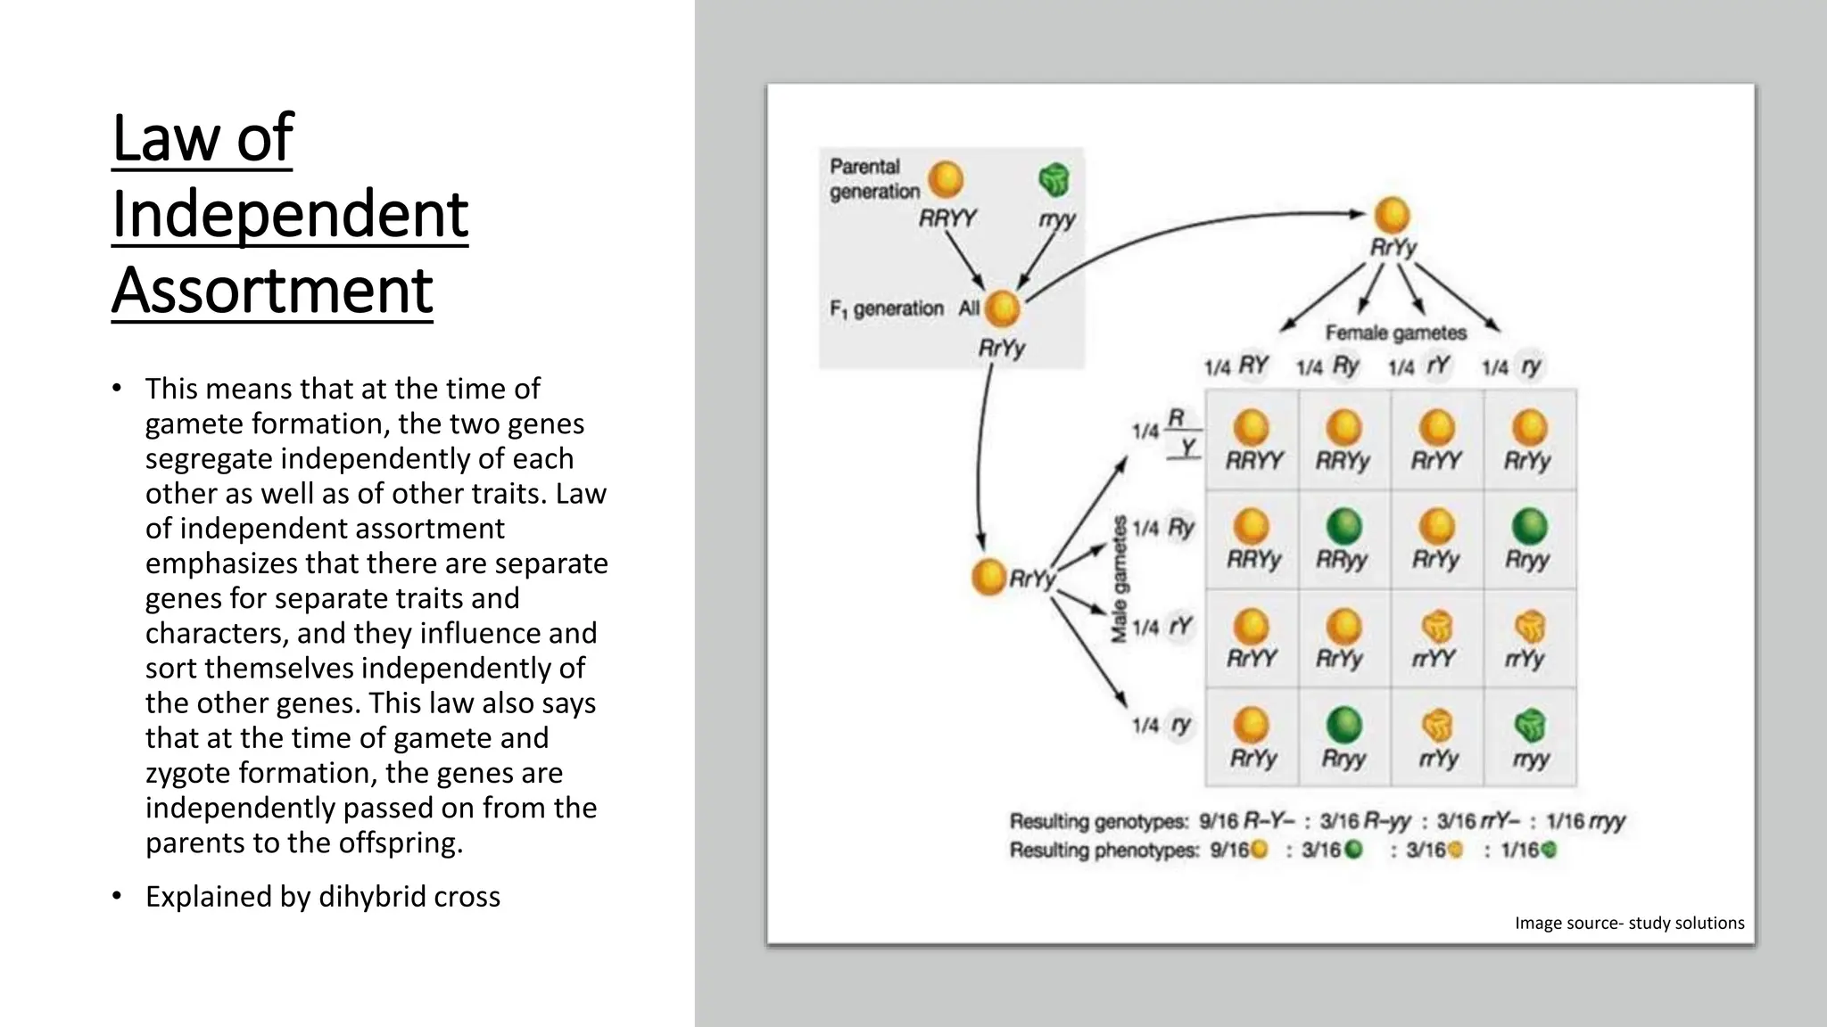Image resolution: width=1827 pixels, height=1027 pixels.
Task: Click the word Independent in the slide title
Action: click(x=290, y=215)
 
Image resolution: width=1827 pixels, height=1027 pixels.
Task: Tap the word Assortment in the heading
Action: click(x=272, y=291)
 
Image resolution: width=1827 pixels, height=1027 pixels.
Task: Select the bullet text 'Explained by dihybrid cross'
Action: click(x=322, y=896)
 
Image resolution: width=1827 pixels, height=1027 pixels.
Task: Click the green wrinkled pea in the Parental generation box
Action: click(x=1054, y=180)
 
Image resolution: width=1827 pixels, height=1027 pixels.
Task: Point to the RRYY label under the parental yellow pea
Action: click(x=947, y=218)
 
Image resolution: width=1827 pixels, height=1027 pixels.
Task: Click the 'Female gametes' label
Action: click(x=1395, y=333)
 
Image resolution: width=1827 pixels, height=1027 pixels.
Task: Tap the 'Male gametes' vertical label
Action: click(x=1119, y=579)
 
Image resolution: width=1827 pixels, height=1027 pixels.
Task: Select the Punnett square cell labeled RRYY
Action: click(x=1252, y=440)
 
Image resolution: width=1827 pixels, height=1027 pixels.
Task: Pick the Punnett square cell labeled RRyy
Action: click(x=1343, y=539)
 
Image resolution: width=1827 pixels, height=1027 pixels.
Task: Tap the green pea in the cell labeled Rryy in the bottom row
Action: click(x=1343, y=724)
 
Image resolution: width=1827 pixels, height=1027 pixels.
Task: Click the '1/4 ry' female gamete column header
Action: click(x=1513, y=366)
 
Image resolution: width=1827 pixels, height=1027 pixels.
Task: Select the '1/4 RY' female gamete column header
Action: click(x=1236, y=366)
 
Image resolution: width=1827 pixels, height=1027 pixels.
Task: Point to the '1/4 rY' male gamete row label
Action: click(x=1162, y=628)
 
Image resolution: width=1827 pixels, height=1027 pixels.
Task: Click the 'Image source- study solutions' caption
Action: click(x=1629, y=923)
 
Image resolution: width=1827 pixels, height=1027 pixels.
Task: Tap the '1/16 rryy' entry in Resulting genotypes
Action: click(x=1586, y=821)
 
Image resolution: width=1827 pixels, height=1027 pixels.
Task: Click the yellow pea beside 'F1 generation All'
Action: click(x=1002, y=309)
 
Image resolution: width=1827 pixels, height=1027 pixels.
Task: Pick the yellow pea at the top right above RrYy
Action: click(x=1392, y=215)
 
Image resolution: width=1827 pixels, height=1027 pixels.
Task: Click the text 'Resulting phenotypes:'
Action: click(x=1104, y=850)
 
